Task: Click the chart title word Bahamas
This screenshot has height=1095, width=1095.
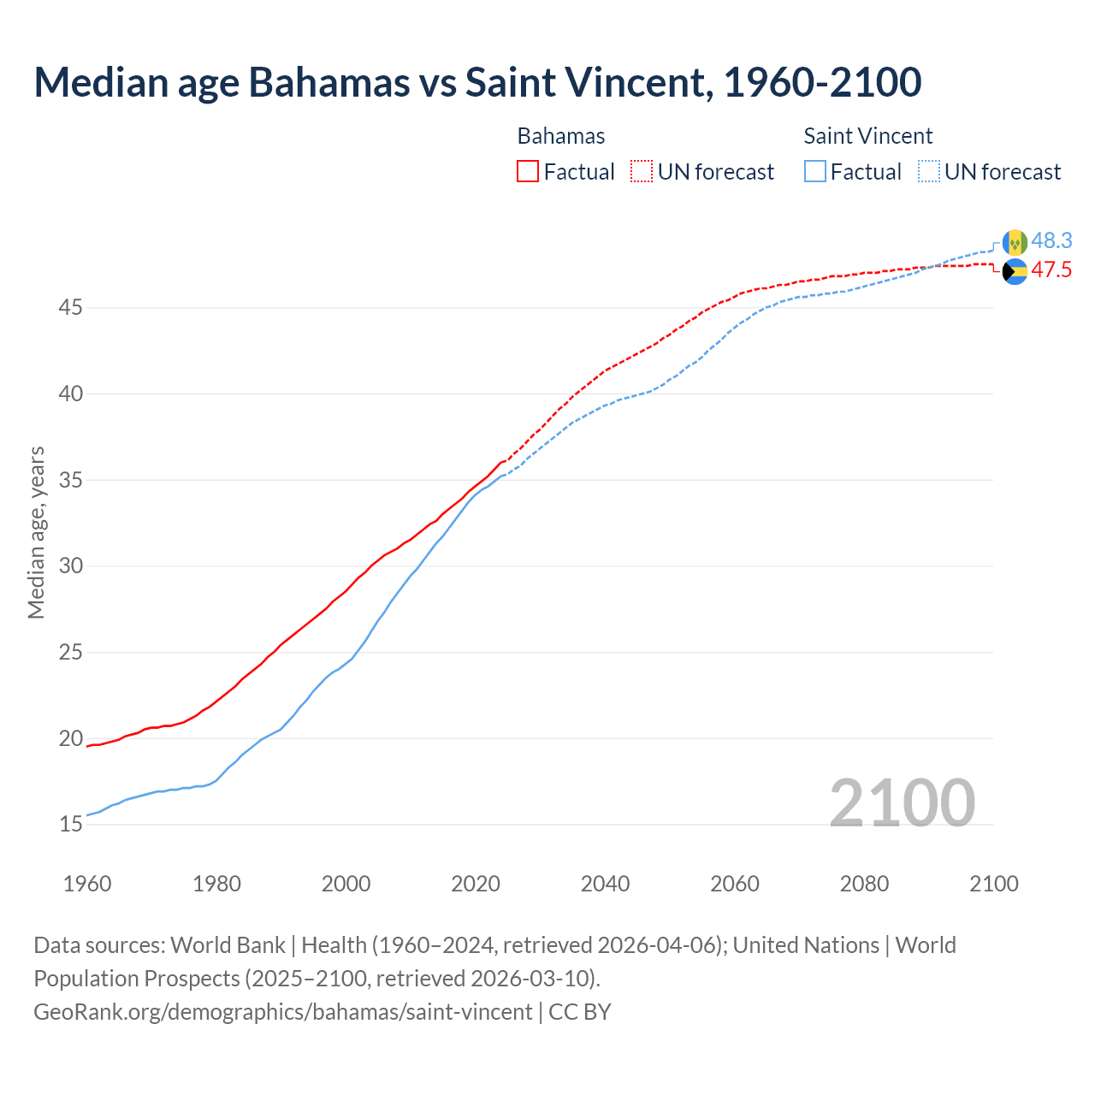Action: pyautogui.click(x=328, y=82)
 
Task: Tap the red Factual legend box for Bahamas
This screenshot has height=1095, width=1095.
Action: pyautogui.click(x=528, y=171)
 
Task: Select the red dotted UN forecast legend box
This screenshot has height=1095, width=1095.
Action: pyautogui.click(x=642, y=171)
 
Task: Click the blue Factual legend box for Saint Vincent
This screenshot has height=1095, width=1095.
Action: pyautogui.click(x=815, y=171)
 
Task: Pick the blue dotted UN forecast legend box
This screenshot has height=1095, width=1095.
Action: pyautogui.click(x=929, y=171)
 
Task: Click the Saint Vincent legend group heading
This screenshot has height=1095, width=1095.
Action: pyautogui.click(x=867, y=136)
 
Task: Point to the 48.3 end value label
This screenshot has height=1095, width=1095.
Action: pyautogui.click(x=1051, y=241)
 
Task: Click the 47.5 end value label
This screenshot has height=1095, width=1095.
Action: pyautogui.click(x=1051, y=270)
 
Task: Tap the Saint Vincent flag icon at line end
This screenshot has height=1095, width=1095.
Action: pyautogui.click(x=1015, y=242)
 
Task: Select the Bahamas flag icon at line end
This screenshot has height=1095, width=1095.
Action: pyautogui.click(x=1015, y=271)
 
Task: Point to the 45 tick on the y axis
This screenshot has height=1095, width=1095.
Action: pyautogui.click(x=70, y=307)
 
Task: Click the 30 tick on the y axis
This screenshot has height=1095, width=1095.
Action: pyautogui.click(x=70, y=565)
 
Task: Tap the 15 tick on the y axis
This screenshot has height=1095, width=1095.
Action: pyautogui.click(x=70, y=825)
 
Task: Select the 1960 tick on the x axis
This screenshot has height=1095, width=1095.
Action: pyautogui.click(x=87, y=884)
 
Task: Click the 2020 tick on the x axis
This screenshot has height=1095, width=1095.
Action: pyautogui.click(x=476, y=884)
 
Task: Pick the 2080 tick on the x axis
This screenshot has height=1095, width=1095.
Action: pyautogui.click(x=864, y=884)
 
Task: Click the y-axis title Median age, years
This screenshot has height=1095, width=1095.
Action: pyautogui.click(x=36, y=532)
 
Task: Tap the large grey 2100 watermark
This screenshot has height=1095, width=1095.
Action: pyautogui.click(x=902, y=802)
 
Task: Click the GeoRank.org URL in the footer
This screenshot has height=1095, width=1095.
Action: pyautogui.click(x=282, y=1012)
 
